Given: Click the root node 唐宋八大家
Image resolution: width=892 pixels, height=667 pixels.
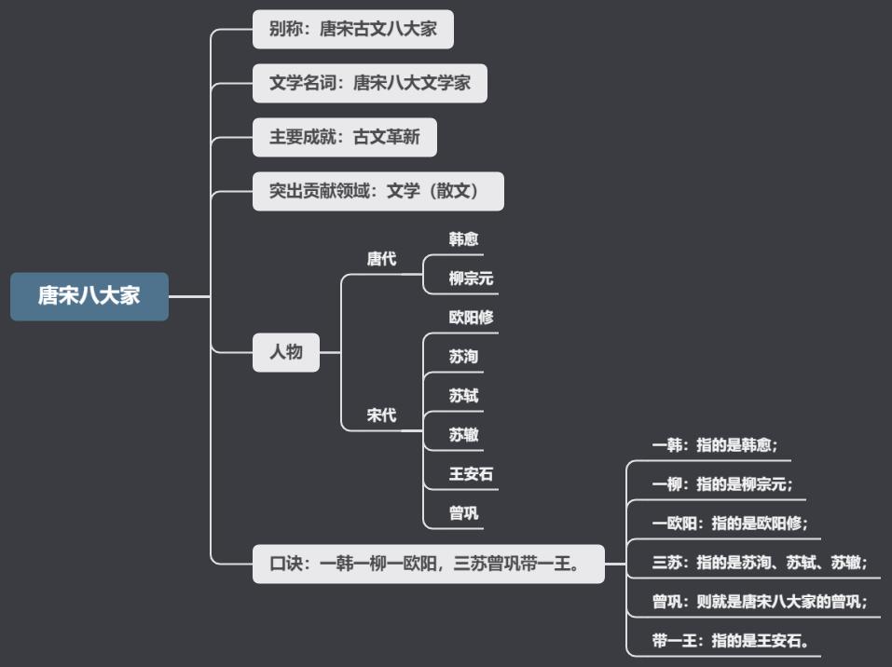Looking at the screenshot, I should pos(89,296).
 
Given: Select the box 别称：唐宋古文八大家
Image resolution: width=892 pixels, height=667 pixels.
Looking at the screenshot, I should pos(353,29).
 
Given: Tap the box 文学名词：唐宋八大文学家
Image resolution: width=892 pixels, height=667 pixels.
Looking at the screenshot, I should pos(370,83).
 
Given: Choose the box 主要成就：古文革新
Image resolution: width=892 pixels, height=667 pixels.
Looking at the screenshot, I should pos(345,137).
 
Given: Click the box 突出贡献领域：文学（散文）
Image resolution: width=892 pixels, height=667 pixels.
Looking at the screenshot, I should pos(378,191).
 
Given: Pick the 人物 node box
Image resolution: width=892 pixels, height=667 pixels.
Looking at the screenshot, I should pos(286,352).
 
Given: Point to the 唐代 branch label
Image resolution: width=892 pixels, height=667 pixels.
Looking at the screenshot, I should pos(381,259).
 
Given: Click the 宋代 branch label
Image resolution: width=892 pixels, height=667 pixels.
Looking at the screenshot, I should pos(381,415).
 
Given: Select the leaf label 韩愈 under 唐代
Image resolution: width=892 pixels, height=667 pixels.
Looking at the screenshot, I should pos(463,239).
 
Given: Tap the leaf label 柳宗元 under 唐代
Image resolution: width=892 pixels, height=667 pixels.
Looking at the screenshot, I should pos(471,279).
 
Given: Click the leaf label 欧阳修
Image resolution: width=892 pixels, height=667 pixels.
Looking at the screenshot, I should pos(471,317).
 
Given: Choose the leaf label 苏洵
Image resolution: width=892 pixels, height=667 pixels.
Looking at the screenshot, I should pos(463,356).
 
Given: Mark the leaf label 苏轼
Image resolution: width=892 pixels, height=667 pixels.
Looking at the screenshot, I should pos(463,395).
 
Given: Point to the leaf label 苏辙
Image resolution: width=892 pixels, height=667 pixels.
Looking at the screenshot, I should pos(463,434).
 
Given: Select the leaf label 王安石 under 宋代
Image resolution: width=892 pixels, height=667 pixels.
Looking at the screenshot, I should pos(471,473).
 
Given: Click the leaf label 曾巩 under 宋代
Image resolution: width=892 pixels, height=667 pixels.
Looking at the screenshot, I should pos(463,512).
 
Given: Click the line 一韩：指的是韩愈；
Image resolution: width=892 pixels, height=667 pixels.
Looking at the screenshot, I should pos(715,445).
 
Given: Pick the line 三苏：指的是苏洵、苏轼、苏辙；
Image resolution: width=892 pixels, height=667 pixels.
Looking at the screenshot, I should pos(760,562).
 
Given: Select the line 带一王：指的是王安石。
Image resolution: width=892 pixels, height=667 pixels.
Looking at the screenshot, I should pos(730,640).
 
